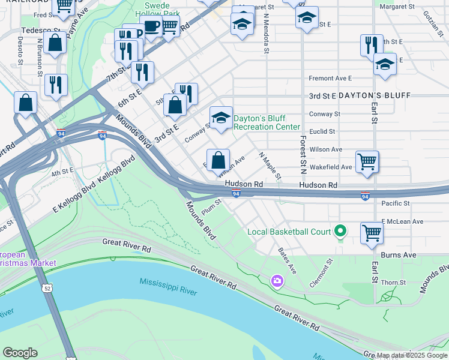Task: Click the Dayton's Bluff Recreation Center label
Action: point(267,122)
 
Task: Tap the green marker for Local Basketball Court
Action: point(340,231)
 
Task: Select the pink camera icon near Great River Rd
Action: point(277,280)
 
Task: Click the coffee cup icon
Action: point(151,26)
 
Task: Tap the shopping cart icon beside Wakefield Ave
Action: point(367,161)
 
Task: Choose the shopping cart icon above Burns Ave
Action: point(372,232)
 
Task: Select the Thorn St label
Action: point(394,283)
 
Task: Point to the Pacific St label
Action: point(395,203)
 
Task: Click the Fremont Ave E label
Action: point(330,78)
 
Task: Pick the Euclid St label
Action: point(322,131)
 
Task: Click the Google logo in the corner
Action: point(20,353)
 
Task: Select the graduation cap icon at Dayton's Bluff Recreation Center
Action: point(221,117)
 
